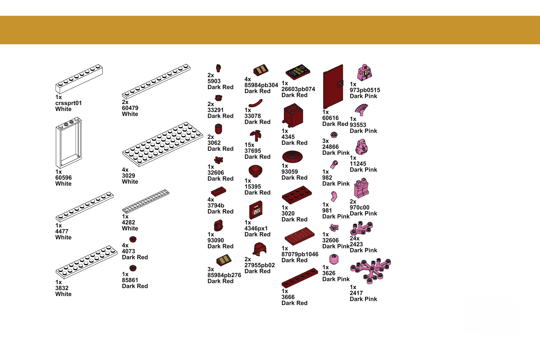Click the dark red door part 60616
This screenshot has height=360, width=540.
(x=333, y=86)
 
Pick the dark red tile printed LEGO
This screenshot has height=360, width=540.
(x=299, y=236)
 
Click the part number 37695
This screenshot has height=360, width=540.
(x=253, y=151)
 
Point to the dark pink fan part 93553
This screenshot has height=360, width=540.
(x=361, y=110)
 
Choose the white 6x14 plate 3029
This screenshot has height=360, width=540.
(x=163, y=144)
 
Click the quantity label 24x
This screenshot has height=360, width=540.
(x=355, y=238)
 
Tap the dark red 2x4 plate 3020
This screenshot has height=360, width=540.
(x=297, y=195)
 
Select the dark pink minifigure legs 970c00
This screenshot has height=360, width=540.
(x=361, y=188)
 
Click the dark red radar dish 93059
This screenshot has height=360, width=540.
(x=292, y=157)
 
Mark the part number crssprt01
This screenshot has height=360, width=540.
(x=69, y=103)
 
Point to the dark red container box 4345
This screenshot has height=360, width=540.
(x=293, y=115)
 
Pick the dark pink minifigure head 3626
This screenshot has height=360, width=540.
(x=334, y=259)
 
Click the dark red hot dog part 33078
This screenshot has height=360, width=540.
(x=256, y=103)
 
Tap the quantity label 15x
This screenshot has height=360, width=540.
(x=249, y=145)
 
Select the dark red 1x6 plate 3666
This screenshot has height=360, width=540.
(x=300, y=278)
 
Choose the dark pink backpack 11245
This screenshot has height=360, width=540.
(x=361, y=147)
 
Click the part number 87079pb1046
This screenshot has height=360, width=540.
(x=300, y=254)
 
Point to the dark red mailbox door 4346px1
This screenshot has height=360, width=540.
(x=256, y=210)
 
